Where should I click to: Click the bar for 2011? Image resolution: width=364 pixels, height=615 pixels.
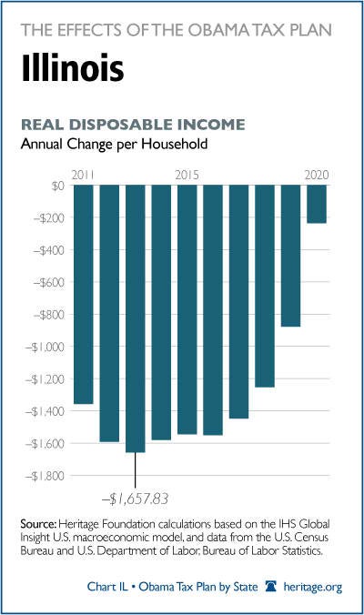84,294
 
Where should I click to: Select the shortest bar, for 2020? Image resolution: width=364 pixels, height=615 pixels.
317,204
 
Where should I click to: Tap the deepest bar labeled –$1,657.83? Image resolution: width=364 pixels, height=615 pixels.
136,318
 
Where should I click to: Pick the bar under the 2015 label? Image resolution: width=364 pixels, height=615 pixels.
187,309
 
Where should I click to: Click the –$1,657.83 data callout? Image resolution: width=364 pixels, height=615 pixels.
135,499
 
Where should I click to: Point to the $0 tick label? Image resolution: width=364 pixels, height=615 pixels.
57,186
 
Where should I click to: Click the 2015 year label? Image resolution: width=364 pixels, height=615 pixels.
187,175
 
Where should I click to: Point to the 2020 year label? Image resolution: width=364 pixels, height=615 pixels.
317,175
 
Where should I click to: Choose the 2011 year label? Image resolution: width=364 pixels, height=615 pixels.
83,175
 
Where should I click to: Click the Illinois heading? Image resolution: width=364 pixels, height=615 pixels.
73,68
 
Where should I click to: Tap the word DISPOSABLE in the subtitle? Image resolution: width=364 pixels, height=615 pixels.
120,125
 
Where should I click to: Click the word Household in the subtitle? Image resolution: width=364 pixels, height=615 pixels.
175,144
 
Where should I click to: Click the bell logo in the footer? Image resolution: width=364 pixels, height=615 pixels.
270,587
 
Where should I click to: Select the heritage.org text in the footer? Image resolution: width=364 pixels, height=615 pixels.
313,587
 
